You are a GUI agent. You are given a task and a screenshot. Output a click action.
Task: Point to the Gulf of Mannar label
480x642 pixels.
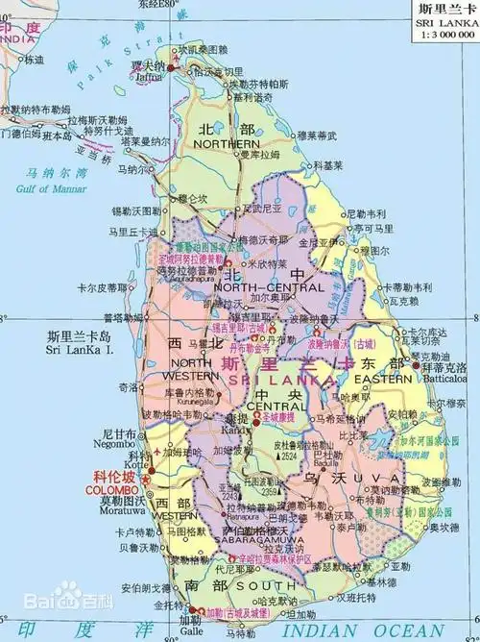tap(51, 188)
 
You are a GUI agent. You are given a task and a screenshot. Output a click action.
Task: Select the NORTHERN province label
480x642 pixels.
tap(226, 143)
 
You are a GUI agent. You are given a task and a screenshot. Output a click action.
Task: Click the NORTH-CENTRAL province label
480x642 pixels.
tap(260, 287)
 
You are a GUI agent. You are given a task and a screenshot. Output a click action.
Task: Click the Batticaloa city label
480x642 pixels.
tap(443, 380)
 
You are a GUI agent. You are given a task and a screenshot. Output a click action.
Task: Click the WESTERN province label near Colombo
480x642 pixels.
tap(174, 516)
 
